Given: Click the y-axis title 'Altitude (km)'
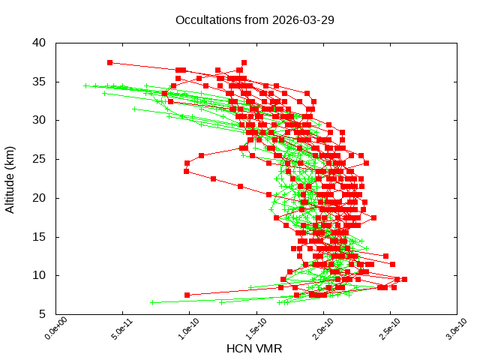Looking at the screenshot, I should (10, 178).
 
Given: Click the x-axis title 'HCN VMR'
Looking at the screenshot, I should (254, 349).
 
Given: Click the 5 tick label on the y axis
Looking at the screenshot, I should (43, 314).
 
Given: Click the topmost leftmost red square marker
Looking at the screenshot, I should (110, 62).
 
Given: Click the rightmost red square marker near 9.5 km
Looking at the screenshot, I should (404, 279).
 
